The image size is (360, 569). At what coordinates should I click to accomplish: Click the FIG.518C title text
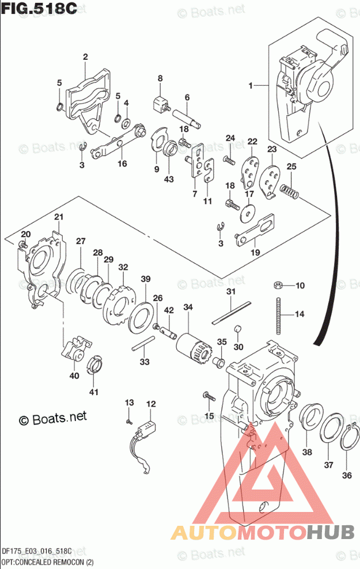point(39,10)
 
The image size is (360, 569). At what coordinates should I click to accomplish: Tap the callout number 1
point(251,85)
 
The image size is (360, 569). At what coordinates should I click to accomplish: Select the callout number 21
point(58,217)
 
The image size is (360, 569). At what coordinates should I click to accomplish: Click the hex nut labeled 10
point(277,285)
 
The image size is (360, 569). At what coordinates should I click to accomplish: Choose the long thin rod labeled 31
point(231,311)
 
